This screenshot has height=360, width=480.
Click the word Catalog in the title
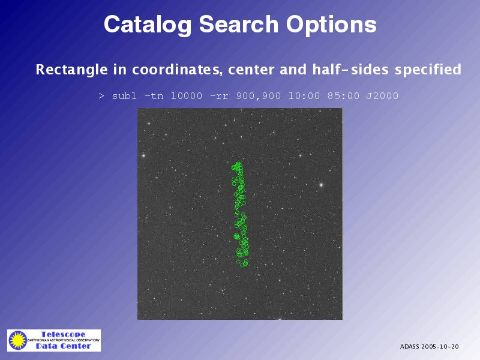[x=148, y=25]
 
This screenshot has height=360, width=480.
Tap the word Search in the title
[x=239, y=24]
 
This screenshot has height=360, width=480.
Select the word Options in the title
[x=331, y=25]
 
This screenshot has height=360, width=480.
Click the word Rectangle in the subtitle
[x=71, y=70]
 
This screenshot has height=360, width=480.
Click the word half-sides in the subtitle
[x=350, y=69]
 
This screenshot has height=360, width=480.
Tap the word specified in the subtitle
[x=428, y=70]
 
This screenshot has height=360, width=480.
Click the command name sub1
[x=124, y=96]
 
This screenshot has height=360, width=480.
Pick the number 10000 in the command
[x=187, y=96]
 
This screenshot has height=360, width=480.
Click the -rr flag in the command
[x=219, y=97]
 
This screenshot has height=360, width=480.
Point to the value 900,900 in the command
[x=259, y=96]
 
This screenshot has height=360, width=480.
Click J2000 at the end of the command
[x=382, y=96]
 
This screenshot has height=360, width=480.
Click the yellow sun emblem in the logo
[x=18, y=340]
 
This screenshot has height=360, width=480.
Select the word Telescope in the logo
[x=64, y=334]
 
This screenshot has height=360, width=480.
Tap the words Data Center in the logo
[x=64, y=346]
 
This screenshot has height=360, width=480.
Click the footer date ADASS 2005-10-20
[x=429, y=347]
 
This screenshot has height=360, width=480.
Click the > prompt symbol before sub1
[x=101, y=96]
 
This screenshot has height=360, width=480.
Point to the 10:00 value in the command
[x=304, y=96]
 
